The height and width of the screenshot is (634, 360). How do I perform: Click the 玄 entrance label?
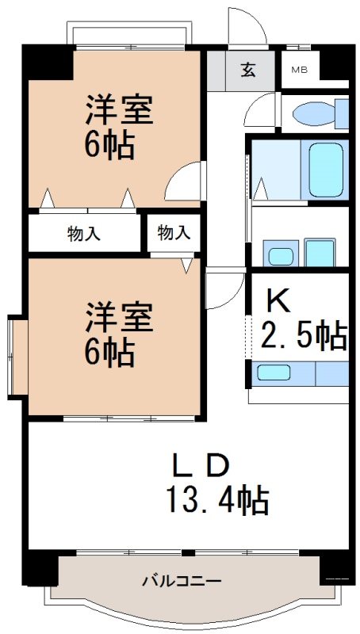(x=247, y=70)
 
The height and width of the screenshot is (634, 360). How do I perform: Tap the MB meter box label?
(x=298, y=70)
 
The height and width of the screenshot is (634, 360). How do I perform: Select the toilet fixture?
(x=321, y=114)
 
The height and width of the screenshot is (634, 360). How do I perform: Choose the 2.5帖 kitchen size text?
(x=304, y=336)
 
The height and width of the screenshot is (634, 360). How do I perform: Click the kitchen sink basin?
(x=274, y=372)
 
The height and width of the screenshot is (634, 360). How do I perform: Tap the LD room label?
(x=201, y=464)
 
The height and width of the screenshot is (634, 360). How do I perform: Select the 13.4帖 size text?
(x=216, y=500)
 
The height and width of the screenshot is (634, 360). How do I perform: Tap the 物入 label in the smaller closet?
(x=173, y=232)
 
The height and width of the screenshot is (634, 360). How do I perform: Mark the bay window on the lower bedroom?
(x=17, y=357)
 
